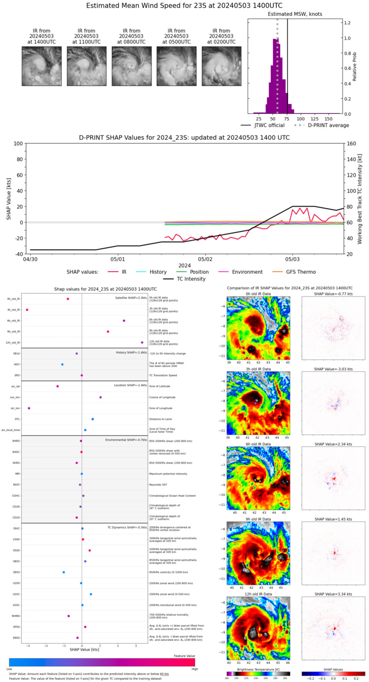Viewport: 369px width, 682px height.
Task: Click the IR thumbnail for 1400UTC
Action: coord(41,66)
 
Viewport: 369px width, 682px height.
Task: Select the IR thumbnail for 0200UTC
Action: coord(221,66)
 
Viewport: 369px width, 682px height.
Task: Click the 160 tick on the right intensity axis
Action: coord(352,143)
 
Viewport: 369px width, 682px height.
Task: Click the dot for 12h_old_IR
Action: coord(142,342)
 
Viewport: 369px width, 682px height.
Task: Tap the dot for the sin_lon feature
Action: coord(29,408)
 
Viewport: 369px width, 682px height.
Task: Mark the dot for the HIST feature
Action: coord(62,364)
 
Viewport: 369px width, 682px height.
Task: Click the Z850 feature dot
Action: coord(64,572)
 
